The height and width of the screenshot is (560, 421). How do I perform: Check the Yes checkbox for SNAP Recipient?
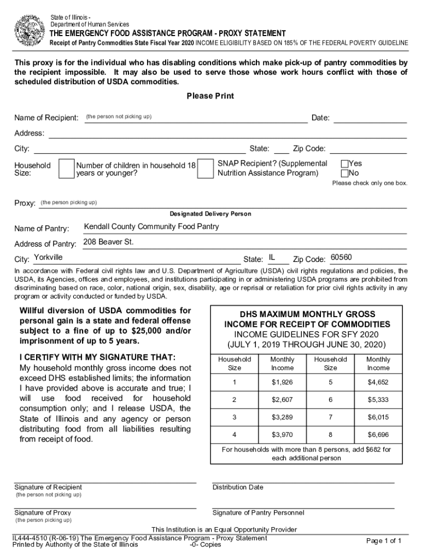point(344,164)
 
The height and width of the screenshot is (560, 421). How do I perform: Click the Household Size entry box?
point(66,169)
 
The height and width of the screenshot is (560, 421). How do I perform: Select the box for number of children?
point(205,169)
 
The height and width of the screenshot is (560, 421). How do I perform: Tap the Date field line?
point(370,118)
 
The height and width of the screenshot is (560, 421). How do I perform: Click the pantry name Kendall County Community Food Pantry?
point(151,226)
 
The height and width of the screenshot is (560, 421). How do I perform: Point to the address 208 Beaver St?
point(108,242)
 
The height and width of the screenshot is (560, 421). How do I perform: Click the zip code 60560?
point(341,258)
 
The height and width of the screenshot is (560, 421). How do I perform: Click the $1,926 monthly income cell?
point(283,383)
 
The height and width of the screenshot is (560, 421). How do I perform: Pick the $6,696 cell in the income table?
point(378,435)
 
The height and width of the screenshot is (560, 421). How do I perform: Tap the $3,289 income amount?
point(283,417)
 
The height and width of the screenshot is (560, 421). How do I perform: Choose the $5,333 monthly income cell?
point(378,400)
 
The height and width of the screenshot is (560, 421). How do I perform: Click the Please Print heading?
point(210,96)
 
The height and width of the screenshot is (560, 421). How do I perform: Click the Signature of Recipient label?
point(48,487)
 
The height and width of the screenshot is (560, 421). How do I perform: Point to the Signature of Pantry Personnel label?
point(258,513)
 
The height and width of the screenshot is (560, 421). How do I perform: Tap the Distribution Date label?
point(238,487)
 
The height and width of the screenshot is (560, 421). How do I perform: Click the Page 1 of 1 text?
point(384,541)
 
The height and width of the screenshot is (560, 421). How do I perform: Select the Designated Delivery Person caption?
point(210,214)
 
